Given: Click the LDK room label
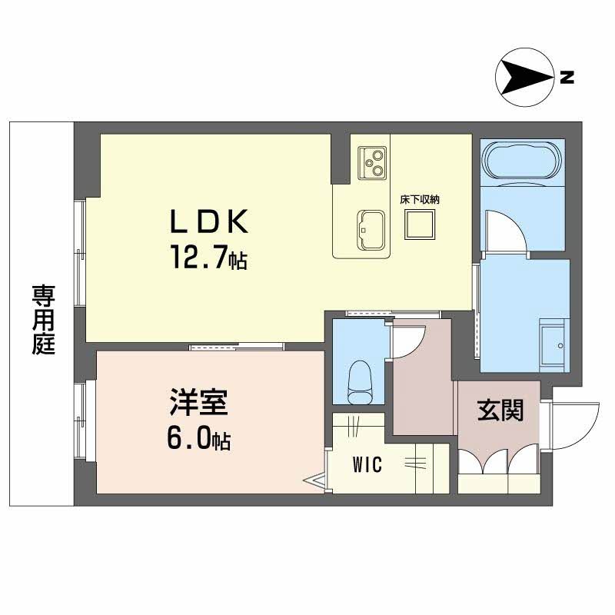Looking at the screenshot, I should [208, 223].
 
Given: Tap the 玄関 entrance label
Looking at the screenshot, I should [500, 411].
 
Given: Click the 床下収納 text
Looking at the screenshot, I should [419, 199].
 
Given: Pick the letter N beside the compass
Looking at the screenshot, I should [567, 76].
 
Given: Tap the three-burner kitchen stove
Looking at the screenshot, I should [372, 160].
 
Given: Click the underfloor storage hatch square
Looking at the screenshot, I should [420, 224].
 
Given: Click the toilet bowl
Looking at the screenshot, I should [359, 381].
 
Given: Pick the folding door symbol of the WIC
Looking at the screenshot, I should [316, 481].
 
